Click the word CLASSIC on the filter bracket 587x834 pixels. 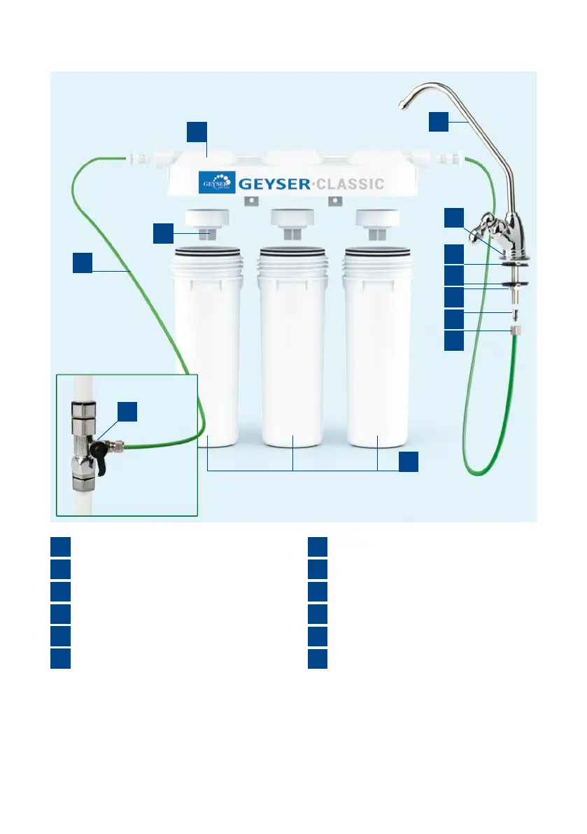(347, 184)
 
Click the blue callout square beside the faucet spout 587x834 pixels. (438, 121)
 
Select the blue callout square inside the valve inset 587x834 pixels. (127, 412)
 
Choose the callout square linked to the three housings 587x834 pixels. (409, 461)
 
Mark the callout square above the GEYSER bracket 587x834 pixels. (197, 131)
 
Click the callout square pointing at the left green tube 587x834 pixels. (83, 263)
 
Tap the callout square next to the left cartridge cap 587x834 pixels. (163, 233)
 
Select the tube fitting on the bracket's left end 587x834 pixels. (146, 159)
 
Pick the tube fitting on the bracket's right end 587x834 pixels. (442, 159)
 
